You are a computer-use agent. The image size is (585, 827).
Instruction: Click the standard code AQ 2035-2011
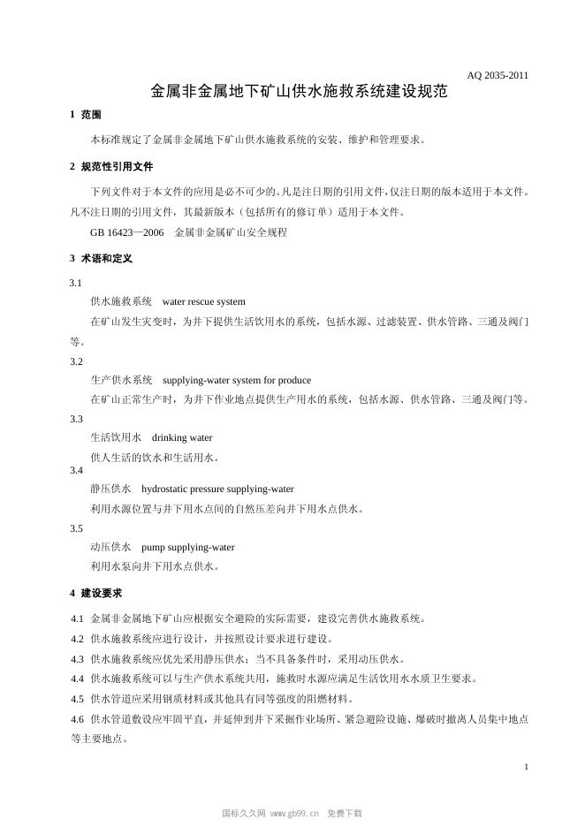(x=498, y=75)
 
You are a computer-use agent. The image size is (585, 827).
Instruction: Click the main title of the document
(x=299, y=92)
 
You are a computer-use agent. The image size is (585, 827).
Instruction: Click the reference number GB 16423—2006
(x=127, y=232)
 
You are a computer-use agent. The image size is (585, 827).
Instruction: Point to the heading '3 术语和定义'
(x=101, y=258)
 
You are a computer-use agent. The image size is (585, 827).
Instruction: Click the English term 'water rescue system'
(x=204, y=301)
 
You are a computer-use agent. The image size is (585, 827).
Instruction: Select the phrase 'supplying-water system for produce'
(x=237, y=380)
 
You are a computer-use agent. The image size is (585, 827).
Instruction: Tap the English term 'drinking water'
(x=182, y=437)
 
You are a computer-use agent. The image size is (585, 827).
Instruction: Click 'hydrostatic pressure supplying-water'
(x=217, y=489)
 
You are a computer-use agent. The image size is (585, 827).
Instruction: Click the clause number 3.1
(x=76, y=283)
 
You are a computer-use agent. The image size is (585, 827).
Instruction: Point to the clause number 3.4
(x=77, y=470)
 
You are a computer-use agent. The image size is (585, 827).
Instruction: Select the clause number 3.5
(x=77, y=528)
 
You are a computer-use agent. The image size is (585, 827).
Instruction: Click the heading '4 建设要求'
(x=95, y=592)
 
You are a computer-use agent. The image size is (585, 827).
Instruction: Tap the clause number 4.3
(x=78, y=659)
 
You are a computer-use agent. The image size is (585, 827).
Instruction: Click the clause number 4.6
(x=78, y=719)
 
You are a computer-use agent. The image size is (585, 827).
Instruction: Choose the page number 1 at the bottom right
(x=526, y=766)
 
